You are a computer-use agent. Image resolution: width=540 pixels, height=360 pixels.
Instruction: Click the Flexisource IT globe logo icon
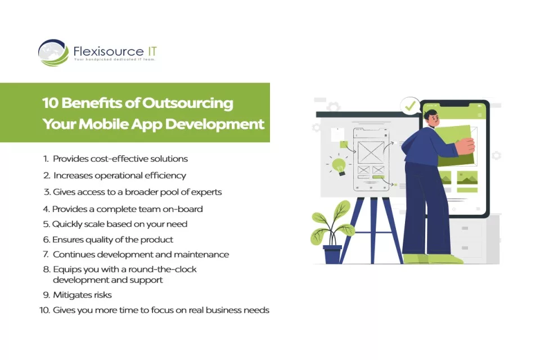point(53,53)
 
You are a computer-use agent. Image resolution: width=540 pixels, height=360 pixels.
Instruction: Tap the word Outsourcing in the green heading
point(188,103)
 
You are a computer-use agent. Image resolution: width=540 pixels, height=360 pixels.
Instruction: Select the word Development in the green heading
point(214,124)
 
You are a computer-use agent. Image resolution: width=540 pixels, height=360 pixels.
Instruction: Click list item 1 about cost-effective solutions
point(115,159)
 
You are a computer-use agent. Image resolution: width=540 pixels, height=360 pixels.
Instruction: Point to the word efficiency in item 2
point(165,175)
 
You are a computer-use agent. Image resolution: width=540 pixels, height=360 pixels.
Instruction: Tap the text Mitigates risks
point(82,295)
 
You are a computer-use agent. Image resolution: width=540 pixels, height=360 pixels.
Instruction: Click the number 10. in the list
point(45,310)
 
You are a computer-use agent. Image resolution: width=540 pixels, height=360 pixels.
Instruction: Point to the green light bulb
point(339,166)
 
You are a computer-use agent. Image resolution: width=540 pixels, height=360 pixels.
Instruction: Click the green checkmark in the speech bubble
point(410,106)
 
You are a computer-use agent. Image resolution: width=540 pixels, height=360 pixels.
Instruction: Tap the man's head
point(432,118)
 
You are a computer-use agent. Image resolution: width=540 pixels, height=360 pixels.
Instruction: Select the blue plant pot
point(332,254)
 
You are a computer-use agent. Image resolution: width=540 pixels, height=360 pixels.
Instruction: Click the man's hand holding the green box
point(466,145)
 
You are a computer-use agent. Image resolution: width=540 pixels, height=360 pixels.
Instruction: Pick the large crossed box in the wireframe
point(371,152)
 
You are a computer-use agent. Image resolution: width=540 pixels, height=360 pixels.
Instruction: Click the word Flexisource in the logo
point(109,52)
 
